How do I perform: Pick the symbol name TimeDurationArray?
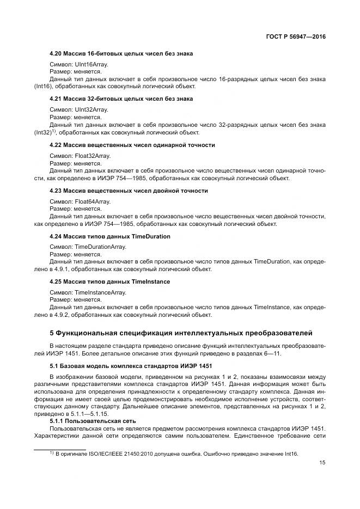click(100, 247)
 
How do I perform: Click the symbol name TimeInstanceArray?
click(100, 293)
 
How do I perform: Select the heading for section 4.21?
click(121, 99)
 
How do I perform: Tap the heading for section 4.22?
click(132, 145)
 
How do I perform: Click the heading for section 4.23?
click(129, 191)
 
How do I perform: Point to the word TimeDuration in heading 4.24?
click(151, 236)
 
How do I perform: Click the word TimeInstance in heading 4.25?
click(151, 282)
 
